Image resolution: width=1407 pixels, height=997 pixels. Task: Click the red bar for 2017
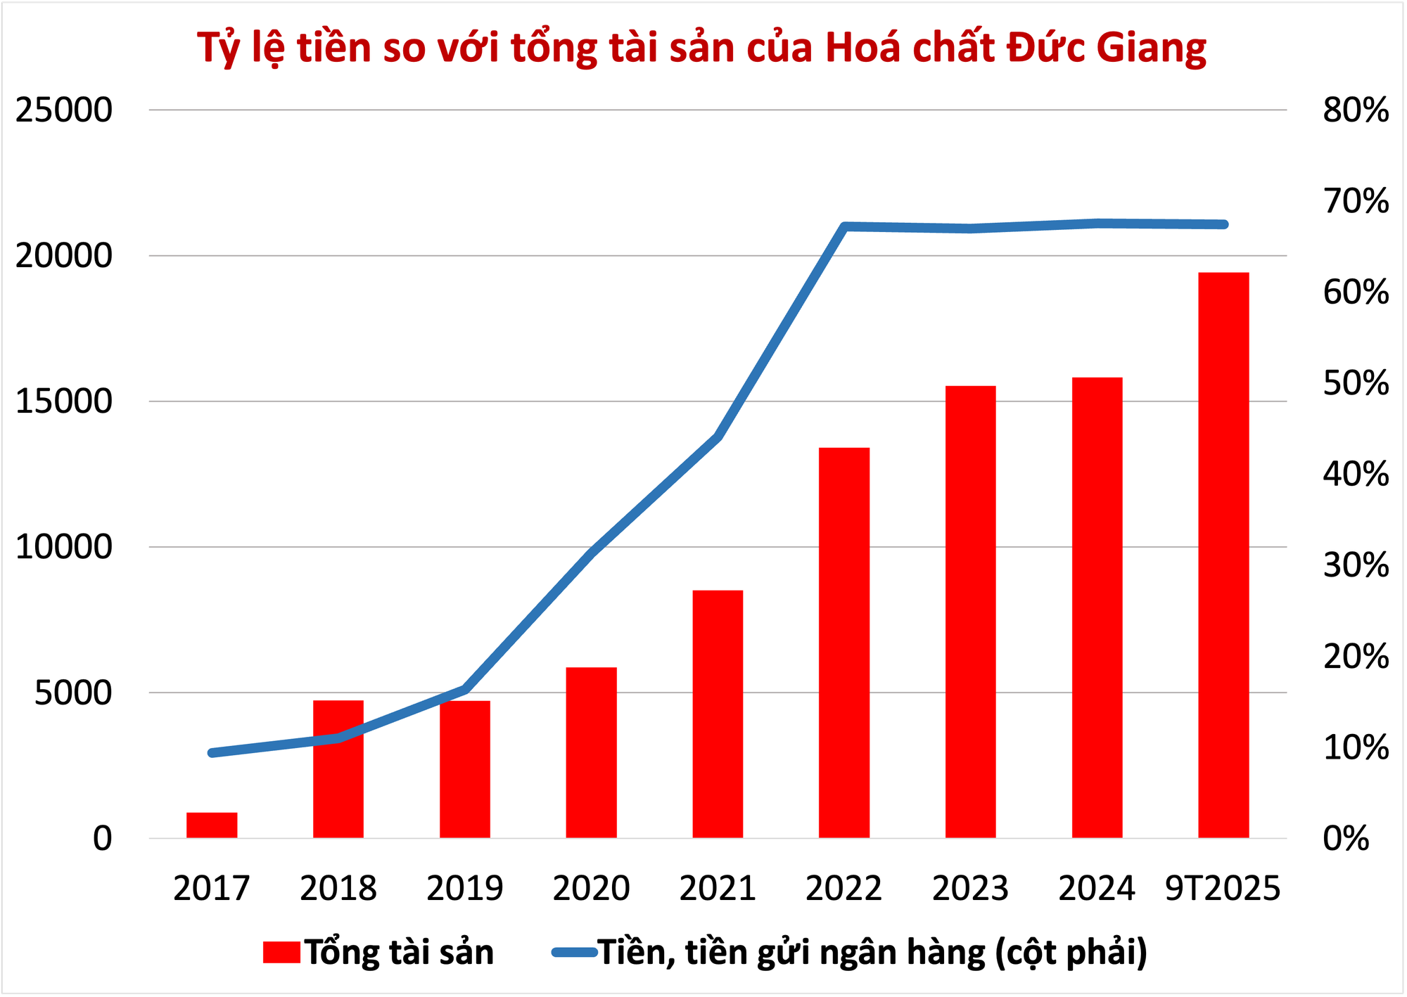(x=212, y=825)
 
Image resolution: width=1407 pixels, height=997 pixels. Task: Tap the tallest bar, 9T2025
(x=1223, y=555)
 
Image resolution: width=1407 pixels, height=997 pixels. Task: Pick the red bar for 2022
(x=844, y=643)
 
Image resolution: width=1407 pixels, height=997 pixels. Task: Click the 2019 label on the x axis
(x=464, y=889)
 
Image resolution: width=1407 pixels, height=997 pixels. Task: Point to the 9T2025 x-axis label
(x=1223, y=889)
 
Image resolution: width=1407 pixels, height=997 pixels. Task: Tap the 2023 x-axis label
(x=970, y=889)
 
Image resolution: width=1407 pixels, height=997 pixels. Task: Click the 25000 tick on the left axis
(x=64, y=110)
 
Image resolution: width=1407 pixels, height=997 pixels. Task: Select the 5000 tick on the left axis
(x=73, y=693)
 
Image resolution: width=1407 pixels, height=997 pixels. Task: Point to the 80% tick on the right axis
(x=1356, y=110)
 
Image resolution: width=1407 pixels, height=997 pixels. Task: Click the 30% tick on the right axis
(x=1356, y=565)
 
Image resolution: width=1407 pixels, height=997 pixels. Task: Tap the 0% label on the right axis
(x=1346, y=839)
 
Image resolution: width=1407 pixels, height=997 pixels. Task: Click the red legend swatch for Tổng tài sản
(x=281, y=953)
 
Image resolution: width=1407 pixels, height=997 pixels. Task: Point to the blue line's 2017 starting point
(x=212, y=753)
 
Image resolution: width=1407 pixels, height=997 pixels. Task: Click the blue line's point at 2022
(x=845, y=226)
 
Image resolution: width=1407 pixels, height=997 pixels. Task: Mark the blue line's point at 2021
(x=718, y=437)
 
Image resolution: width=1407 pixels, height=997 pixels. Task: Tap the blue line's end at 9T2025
(x=1224, y=224)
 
